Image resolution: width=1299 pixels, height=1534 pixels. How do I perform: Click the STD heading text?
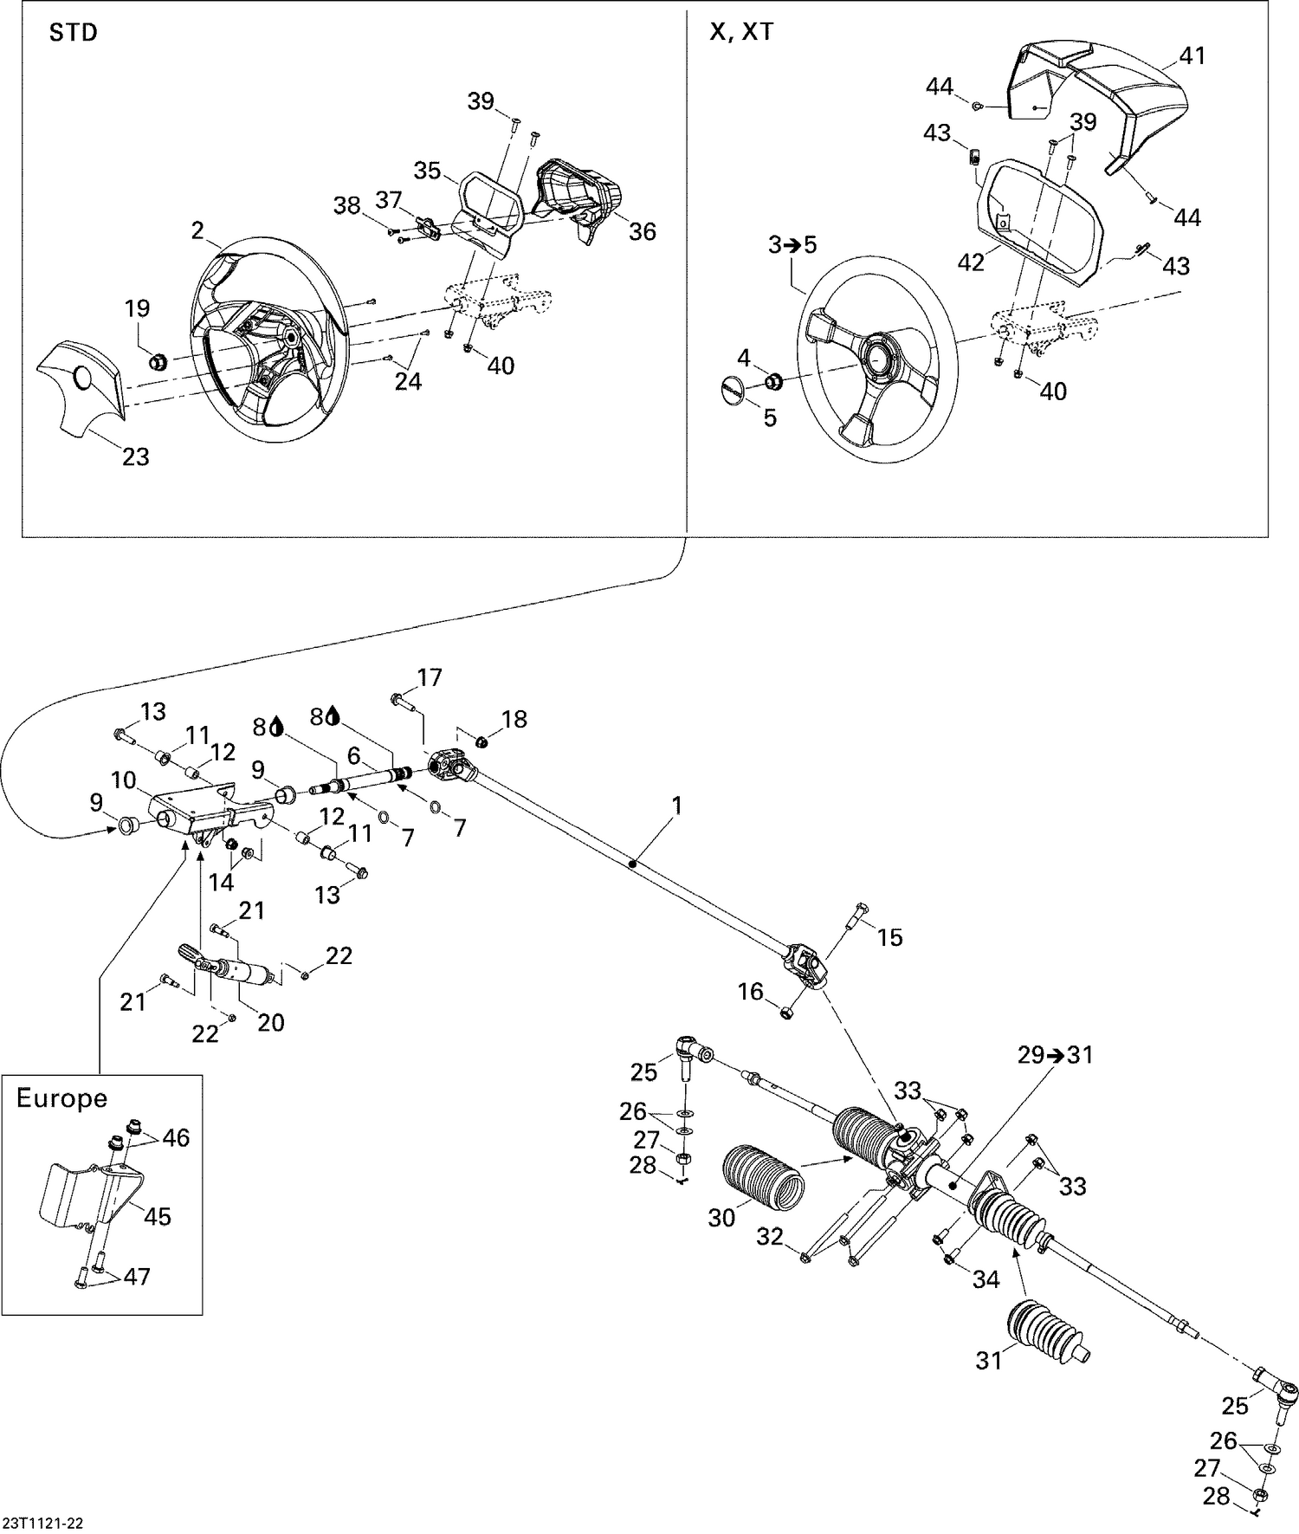click(74, 34)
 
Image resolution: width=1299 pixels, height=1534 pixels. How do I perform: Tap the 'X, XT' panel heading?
click(741, 32)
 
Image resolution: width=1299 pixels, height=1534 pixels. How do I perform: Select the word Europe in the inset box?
click(62, 1098)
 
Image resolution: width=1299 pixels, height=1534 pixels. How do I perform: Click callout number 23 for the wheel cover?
click(135, 456)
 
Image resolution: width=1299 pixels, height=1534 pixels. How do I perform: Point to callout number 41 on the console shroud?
click(1192, 56)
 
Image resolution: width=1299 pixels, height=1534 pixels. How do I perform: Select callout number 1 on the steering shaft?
click(677, 806)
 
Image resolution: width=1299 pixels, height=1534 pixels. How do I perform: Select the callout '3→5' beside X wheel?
click(792, 245)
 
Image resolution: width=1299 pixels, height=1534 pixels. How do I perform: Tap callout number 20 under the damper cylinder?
click(271, 1022)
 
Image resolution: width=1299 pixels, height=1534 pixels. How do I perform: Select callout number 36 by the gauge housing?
click(642, 231)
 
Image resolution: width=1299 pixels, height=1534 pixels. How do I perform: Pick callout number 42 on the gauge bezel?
click(972, 262)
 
